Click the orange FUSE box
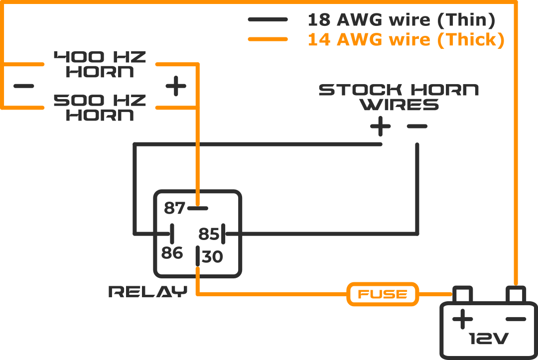pos(383,294)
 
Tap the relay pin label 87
pos(174,208)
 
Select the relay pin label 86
pos(172,253)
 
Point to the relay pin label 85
pos(209,234)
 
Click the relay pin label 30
pos(213,257)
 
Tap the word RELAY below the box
pos(147,292)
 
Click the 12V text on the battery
pos(489,340)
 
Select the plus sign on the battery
pos(462,319)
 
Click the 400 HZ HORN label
pos(100,64)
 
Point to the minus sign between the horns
pos(24,86)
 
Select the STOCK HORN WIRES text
pos(399,97)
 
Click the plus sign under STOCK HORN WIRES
pos(381,126)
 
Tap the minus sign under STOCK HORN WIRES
pos(417,126)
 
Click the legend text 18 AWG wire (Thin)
pos(402,20)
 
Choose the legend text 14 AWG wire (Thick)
pos(406,39)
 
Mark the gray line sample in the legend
pos(268,20)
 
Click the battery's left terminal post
pos(462,294)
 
